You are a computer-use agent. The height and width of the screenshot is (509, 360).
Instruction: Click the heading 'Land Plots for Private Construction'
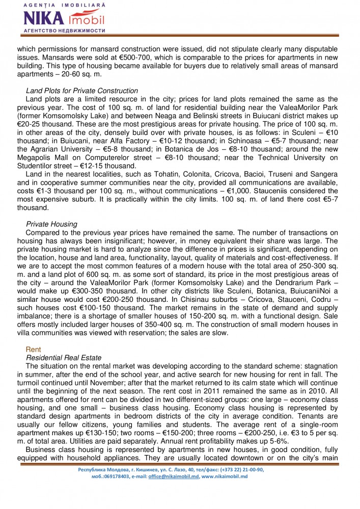(x=81, y=91)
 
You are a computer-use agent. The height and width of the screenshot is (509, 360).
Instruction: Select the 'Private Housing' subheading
(x=51, y=224)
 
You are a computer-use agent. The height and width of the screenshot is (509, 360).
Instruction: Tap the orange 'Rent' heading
(x=33, y=350)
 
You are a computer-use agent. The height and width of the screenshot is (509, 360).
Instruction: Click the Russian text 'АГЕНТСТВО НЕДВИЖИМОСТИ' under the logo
(x=65, y=31)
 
